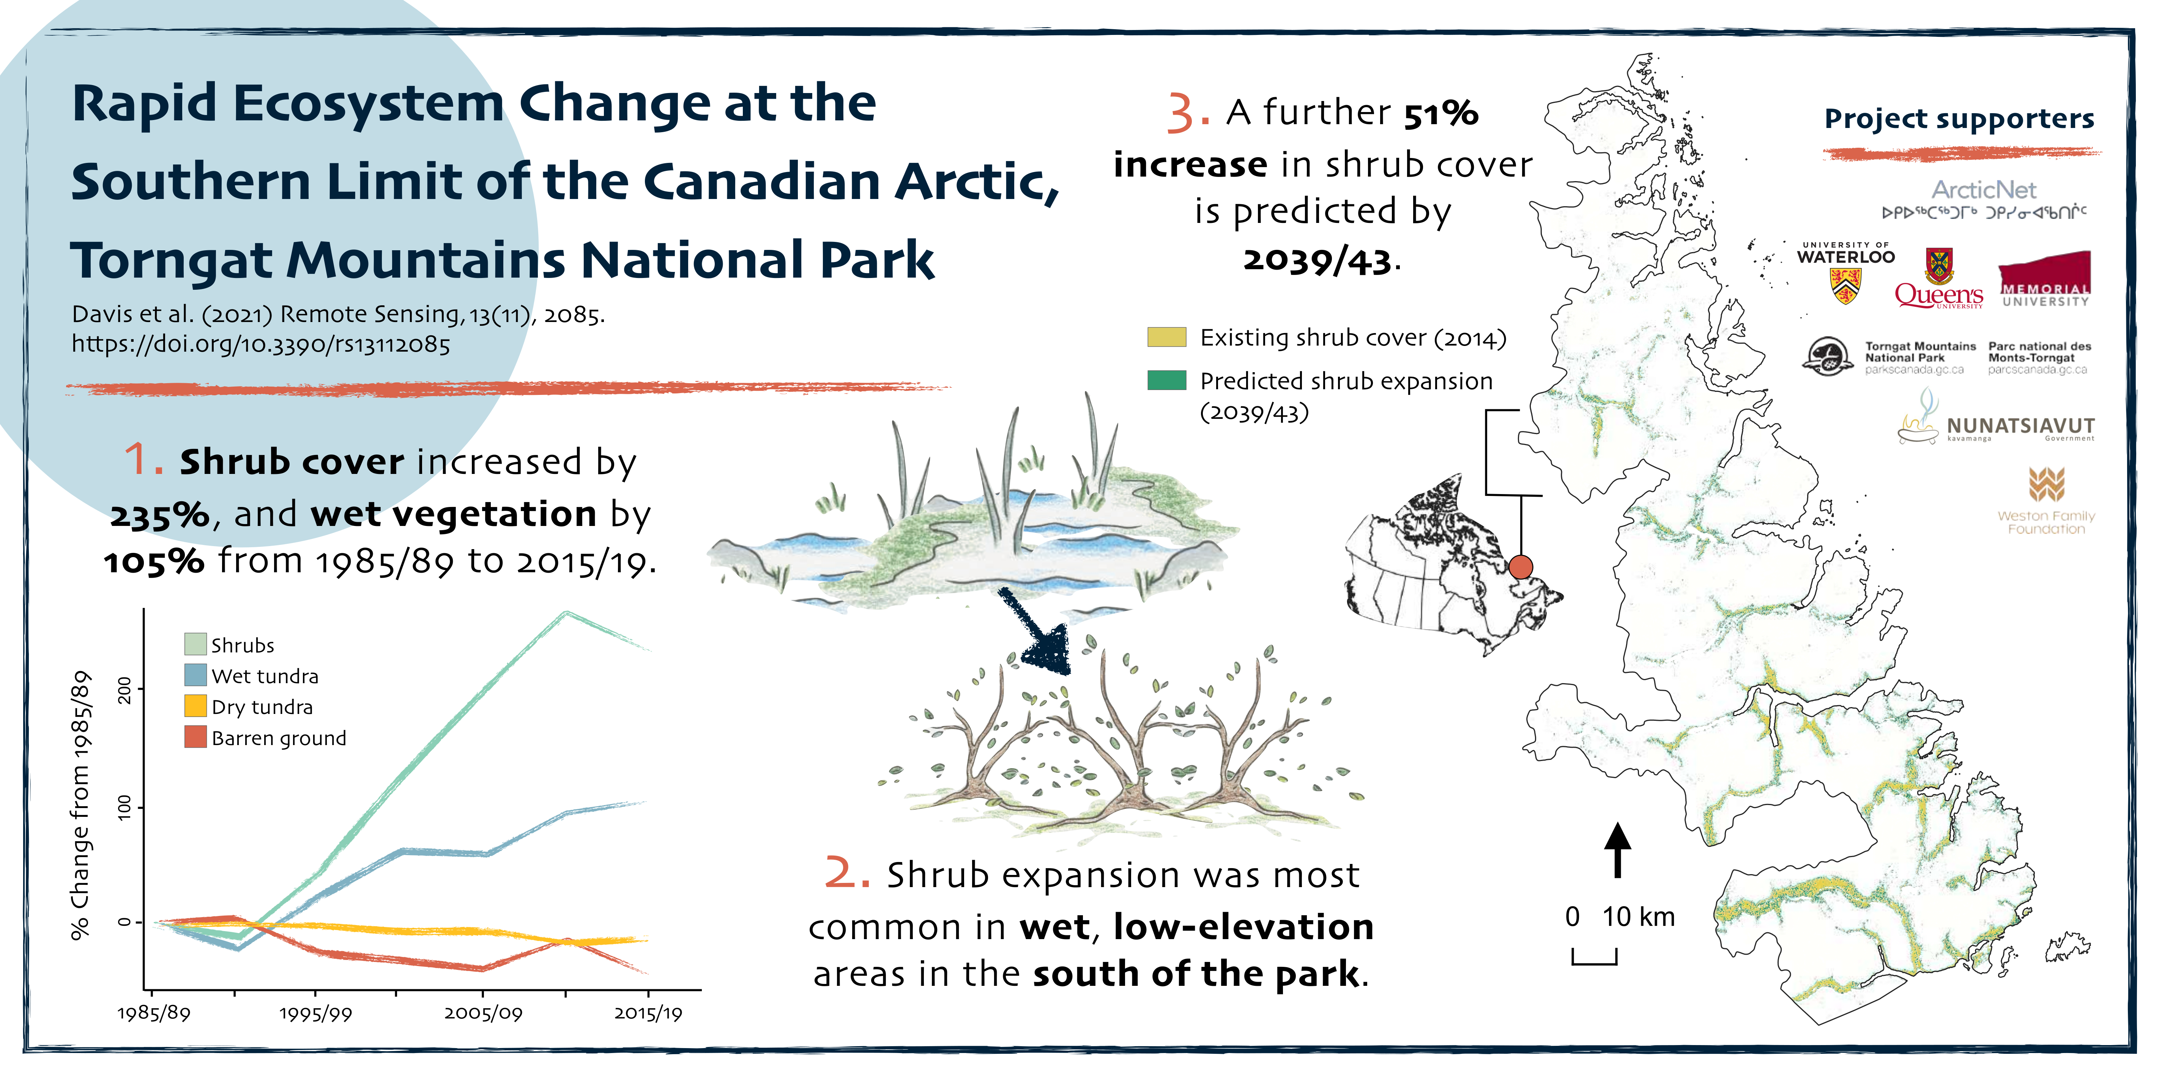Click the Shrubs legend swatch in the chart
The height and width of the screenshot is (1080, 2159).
[x=195, y=644]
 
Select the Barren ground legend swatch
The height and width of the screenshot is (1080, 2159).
[x=195, y=737]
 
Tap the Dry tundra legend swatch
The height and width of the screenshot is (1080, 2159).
[x=195, y=706]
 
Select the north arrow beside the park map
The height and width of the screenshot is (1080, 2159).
[x=1618, y=849]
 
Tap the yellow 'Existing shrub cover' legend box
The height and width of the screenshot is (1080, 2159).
[x=1167, y=337]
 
